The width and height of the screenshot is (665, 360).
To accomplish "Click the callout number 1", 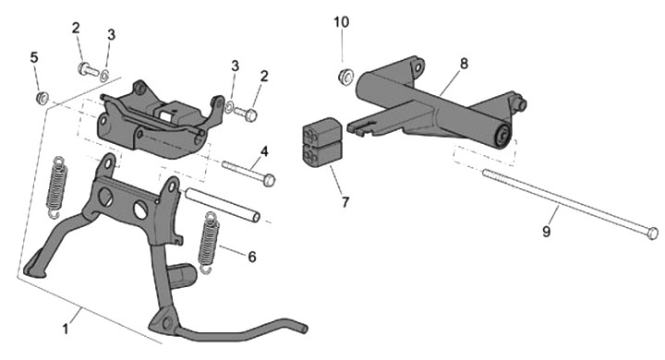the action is pos(66,329).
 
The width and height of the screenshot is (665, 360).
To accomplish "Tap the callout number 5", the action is pos(34,57).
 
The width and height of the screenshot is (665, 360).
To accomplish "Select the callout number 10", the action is pos(342,22).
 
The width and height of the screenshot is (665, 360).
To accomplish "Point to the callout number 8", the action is pos(464,64).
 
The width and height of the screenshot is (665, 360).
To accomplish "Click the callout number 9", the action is pos(546,232).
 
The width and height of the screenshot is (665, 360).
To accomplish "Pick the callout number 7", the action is pos(345,202).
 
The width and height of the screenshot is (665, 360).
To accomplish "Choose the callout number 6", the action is pos(252,256).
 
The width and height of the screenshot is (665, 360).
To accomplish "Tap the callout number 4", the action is pos(265,151).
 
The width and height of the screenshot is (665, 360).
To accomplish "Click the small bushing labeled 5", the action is pos(42,99).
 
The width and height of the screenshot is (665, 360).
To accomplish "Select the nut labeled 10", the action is pos(345,78).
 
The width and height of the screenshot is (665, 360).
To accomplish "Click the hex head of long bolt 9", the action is pos(653,234).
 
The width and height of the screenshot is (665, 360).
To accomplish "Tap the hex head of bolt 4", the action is pos(269,180).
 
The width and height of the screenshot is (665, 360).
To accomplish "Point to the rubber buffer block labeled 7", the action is pos(322,141).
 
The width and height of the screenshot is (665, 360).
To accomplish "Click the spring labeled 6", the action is pos(209,242).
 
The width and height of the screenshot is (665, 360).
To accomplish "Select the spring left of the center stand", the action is pos(57,187).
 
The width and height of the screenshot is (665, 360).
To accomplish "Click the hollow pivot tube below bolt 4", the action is pos(222,205).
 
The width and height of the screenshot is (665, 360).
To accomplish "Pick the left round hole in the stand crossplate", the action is pos(105,196).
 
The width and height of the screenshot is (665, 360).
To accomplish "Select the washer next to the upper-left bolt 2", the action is pos(104,77).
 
